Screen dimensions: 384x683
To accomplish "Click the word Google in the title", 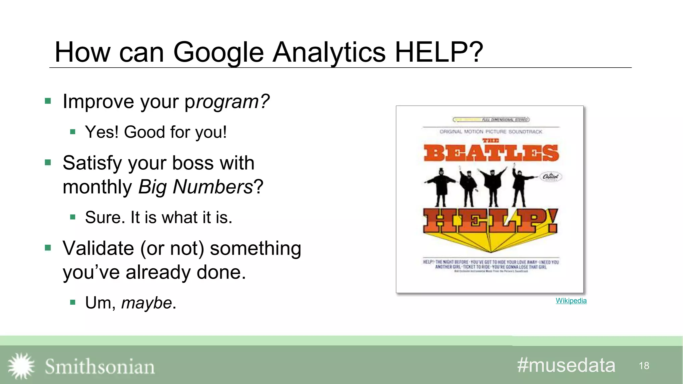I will [x=218, y=52].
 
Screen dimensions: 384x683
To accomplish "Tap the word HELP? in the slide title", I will [x=439, y=52].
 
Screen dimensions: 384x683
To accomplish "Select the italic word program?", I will [x=227, y=102].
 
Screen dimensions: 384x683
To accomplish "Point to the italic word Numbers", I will [x=212, y=187].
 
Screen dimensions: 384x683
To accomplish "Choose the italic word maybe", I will [x=146, y=303].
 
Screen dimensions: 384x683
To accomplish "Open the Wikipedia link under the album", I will [x=571, y=301].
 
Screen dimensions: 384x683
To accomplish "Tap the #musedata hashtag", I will [x=566, y=365].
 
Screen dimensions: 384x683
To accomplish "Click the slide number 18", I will [x=644, y=366].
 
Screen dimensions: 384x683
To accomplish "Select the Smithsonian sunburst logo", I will [x=21, y=366].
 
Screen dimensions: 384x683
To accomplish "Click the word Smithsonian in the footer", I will [x=100, y=367].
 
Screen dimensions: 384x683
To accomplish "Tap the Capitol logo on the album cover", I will [x=551, y=177].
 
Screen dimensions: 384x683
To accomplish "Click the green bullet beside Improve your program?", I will [x=48, y=101].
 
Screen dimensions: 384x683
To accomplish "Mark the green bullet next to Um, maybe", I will [x=73, y=303].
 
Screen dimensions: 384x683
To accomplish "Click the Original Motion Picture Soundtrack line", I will [x=491, y=132].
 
